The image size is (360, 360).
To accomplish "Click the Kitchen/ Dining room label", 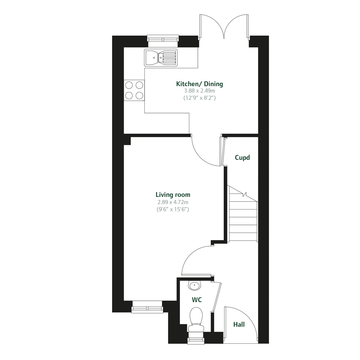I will pyautogui.click(x=199, y=84).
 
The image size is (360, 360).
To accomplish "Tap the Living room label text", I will pyautogui.click(x=173, y=195).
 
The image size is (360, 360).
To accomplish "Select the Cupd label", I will pyautogui.click(x=242, y=158).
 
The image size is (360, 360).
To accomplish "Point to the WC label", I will pyautogui.click(x=197, y=300).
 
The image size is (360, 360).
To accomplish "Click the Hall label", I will pyautogui.click(x=239, y=324).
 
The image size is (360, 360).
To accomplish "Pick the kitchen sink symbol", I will pyautogui.click(x=161, y=57).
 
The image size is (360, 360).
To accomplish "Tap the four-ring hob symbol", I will pyautogui.click(x=134, y=90).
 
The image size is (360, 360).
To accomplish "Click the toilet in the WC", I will pyautogui.click(x=195, y=318).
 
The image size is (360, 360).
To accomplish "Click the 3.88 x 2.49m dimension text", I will pyautogui.click(x=199, y=91).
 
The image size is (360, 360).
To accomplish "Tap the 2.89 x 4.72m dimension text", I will pyautogui.click(x=173, y=202).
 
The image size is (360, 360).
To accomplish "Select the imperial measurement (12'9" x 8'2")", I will pyautogui.click(x=199, y=98).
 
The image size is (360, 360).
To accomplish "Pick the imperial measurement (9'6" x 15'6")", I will pyautogui.click(x=173, y=209).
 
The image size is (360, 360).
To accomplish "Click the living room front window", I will pyautogui.click(x=147, y=307).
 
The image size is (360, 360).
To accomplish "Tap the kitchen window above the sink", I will pyautogui.click(x=163, y=40).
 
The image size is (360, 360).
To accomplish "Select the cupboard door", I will pyautogui.click(x=223, y=151).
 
